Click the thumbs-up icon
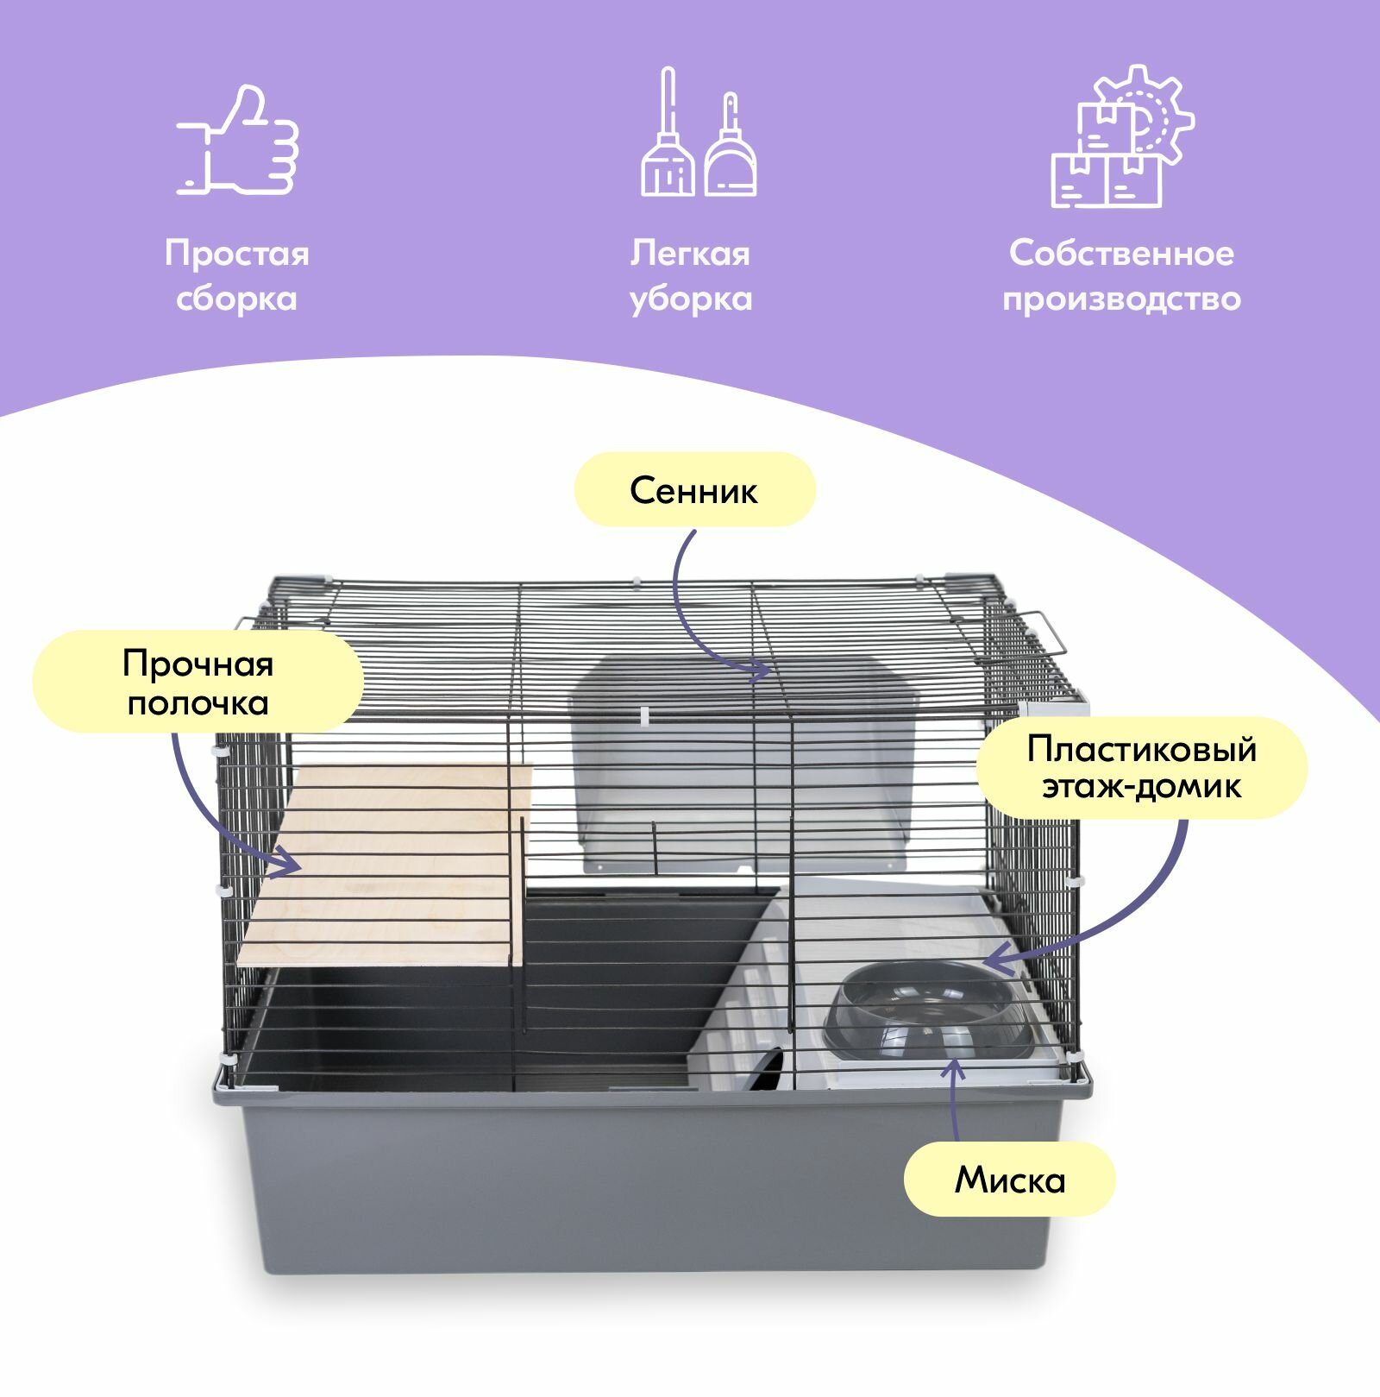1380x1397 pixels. click(238, 141)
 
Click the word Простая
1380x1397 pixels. click(237, 254)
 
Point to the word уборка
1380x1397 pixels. click(691, 299)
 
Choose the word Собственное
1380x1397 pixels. click(1121, 254)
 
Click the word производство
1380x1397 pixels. click(1121, 299)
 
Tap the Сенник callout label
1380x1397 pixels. click(694, 490)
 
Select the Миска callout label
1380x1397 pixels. click(1009, 1180)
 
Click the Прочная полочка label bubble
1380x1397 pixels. click(198, 683)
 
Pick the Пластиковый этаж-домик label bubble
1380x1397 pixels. click(1141, 767)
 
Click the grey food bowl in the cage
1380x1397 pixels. click(927, 1010)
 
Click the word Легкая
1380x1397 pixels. click(690, 254)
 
